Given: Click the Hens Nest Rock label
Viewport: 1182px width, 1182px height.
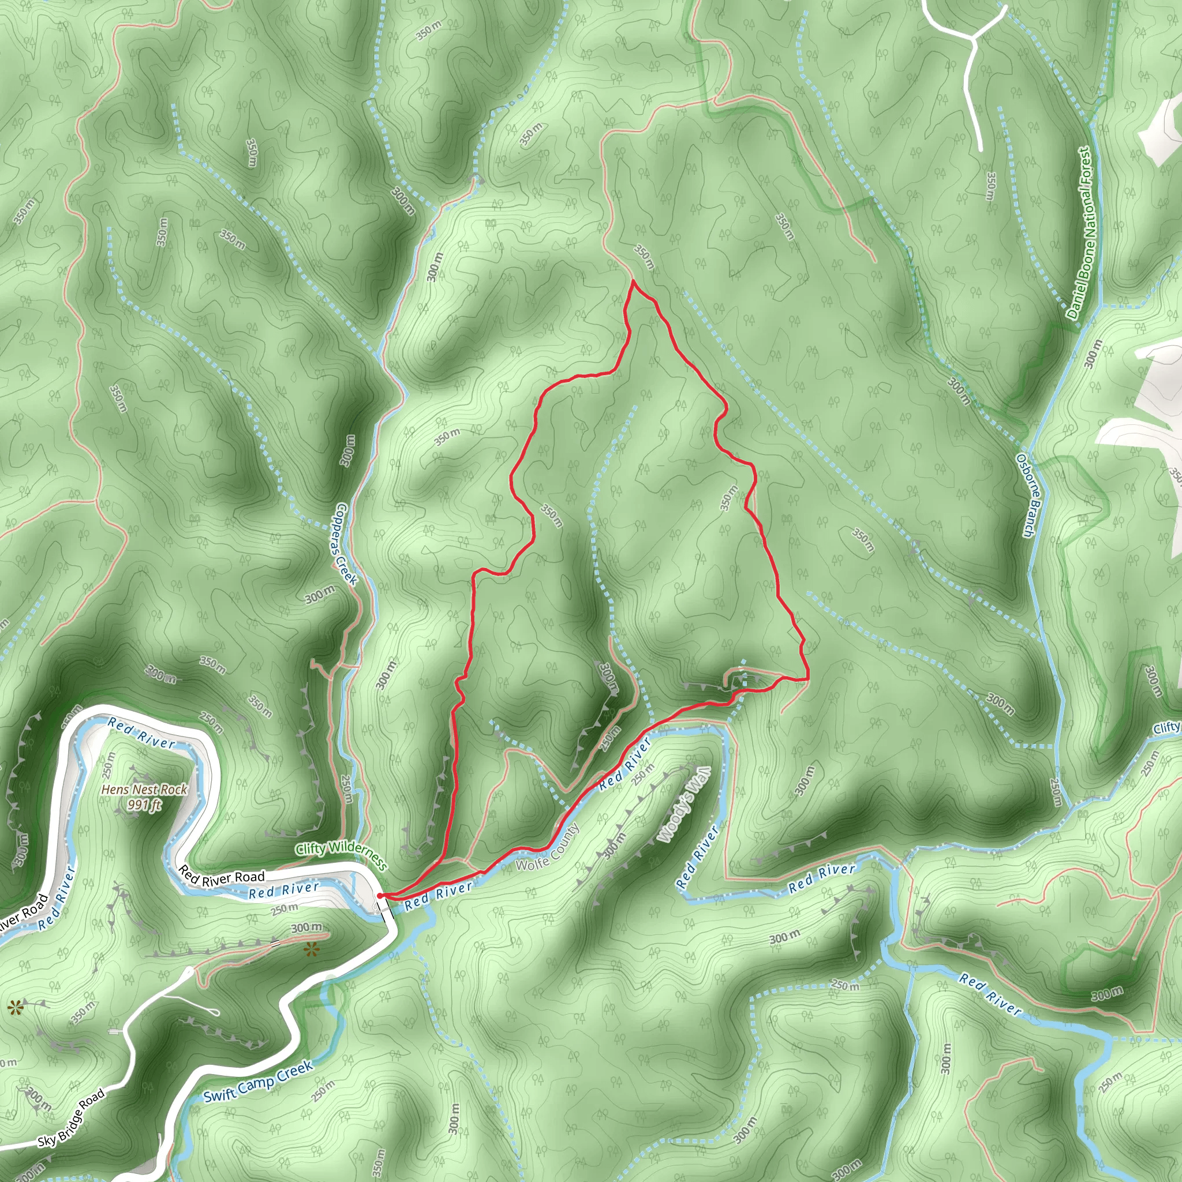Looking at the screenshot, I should (144, 790).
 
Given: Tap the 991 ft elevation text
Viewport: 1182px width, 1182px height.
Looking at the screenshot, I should (144, 805).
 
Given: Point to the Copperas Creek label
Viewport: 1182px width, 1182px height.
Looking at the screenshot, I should (346, 544).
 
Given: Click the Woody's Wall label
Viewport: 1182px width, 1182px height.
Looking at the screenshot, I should (684, 805).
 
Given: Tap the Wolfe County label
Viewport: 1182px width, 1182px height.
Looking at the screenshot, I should (548, 847).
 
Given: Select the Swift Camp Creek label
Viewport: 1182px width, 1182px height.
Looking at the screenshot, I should (258, 1082).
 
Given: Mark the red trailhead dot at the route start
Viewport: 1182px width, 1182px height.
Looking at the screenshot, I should (380, 896).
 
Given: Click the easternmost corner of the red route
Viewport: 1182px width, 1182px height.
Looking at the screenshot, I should (808, 679).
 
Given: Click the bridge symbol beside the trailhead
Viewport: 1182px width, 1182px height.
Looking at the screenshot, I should (384, 906).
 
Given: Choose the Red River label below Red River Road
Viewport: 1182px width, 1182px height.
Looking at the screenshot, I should (284, 890).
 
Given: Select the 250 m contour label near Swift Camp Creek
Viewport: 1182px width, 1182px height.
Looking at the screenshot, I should (323, 1091).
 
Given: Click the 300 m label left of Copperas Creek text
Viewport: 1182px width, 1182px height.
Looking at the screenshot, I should (320, 594).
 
